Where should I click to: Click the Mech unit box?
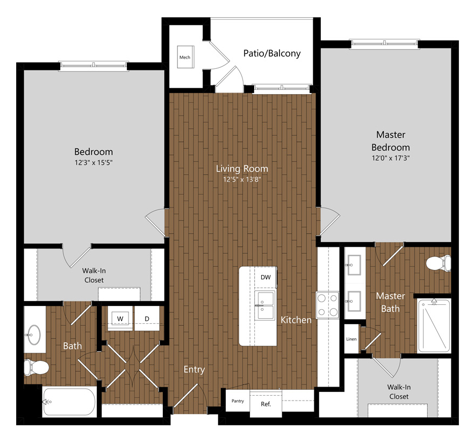pyautogui.click(x=185, y=57)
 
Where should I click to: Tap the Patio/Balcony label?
pyautogui.click(x=272, y=54)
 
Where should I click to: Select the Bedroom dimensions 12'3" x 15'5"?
pyautogui.click(x=94, y=162)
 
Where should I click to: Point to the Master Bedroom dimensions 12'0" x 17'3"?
pyautogui.click(x=391, y=158)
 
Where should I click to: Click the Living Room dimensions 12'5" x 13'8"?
pyautogui.click(x=242, y=180)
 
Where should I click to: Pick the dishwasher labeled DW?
pyautogui.click(x=265, y=277)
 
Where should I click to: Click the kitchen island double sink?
pyautogui.click(x=265, y=305)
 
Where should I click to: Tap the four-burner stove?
pyautogui.click(x=327, y=305)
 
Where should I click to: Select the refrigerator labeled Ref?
pyautogui.click(x=265, y=404)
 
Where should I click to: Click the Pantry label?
pyautogui.click(x=238, y=401)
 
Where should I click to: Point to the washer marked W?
pyautogui.click(x=120, y=318)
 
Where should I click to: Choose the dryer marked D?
pyautogui.click(x=147, y=318)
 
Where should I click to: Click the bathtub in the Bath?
pyautogui.click(x=69, y=402)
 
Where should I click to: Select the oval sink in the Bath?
pyautogui.click(x=33, y=335)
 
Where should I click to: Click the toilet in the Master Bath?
pyautogui.click(x=439, y=263)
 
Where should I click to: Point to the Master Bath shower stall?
pyautogui.click(x=434, y=325)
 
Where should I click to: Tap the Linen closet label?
pyautogui.click(x=351, y=339)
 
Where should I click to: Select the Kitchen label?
pyautogui.click(x=296, y=320)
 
